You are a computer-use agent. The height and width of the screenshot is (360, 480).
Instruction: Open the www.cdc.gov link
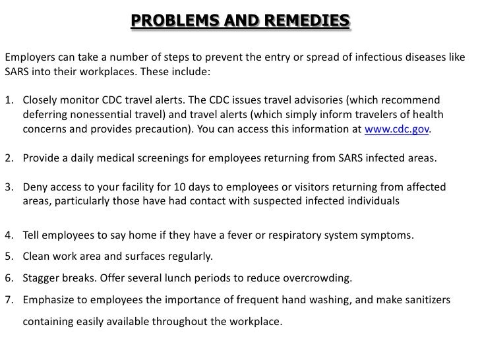point(397,130)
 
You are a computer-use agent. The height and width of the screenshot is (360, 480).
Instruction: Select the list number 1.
point(9,101)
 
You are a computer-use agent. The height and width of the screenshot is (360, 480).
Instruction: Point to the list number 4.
point(9,235)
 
